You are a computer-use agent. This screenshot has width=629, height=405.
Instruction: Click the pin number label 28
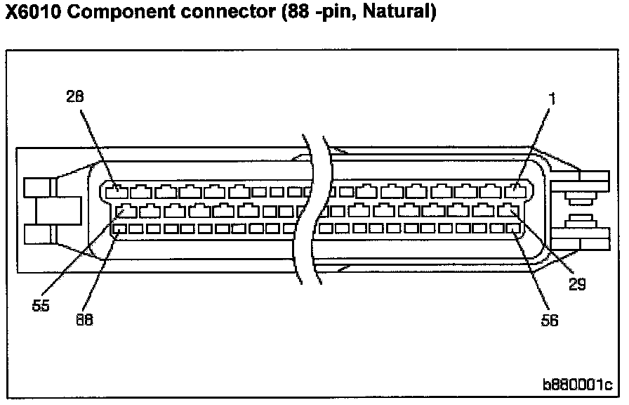pos(75,98)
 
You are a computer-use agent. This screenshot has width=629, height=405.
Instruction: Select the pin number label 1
pos(552,99)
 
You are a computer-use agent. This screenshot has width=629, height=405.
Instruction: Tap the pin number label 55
pos(41,307)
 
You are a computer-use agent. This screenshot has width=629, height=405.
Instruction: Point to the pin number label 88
pos(84,319)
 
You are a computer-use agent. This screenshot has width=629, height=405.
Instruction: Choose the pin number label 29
pos(577,284)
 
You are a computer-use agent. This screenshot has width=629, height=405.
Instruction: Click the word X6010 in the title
pos(35,13)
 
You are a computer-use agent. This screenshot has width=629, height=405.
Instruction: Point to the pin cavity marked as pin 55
pos(126,210)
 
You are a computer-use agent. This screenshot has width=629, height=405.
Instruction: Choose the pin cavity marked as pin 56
pos(516,228)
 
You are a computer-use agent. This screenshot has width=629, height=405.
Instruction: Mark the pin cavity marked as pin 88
pos(119,229)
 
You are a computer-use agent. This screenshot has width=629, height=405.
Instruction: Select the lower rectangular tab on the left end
pos(39,234)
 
